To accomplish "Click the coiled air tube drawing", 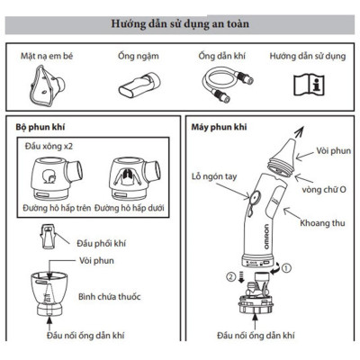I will (221, 85).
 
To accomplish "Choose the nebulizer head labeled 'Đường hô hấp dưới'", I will (129, 180).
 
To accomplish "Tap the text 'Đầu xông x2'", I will (53, 147).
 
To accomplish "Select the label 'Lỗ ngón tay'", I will (210, 176).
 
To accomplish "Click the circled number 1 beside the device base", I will (286, 267).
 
